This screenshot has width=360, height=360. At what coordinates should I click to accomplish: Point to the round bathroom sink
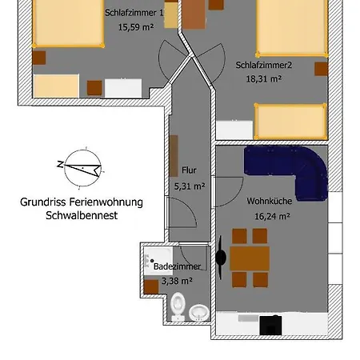tap(198, 310)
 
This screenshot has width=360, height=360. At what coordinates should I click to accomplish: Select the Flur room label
tap(189, 170)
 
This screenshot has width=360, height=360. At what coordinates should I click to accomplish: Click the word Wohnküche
tap(268, 202)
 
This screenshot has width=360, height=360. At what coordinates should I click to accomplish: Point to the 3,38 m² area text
tap(176, 281)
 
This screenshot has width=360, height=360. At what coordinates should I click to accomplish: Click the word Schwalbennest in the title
tap(82, 216)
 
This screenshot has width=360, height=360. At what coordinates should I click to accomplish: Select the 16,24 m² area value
tap(270, 216)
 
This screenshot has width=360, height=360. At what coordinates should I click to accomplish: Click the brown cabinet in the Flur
tap(174, 155)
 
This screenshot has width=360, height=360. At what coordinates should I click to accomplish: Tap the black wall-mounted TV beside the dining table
tap(221, 258)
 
